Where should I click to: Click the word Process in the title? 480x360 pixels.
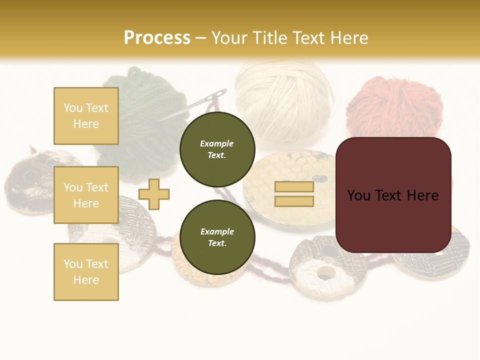click(157, 38)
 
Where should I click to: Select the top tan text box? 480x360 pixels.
click(86, 116)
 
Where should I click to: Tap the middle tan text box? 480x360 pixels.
click(86, 195)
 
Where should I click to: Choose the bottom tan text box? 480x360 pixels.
click(86, 271)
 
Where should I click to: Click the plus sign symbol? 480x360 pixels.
click(154, 194)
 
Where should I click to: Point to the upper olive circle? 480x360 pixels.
click(217, 149)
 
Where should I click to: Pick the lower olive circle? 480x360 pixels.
click(217, 237)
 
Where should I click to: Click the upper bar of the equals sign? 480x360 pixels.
click(294, 187)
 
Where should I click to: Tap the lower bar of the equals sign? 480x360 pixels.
click(294, 201)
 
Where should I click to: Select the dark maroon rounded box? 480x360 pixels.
click(393, 195)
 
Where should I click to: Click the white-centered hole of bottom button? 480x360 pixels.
click(326, 273)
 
